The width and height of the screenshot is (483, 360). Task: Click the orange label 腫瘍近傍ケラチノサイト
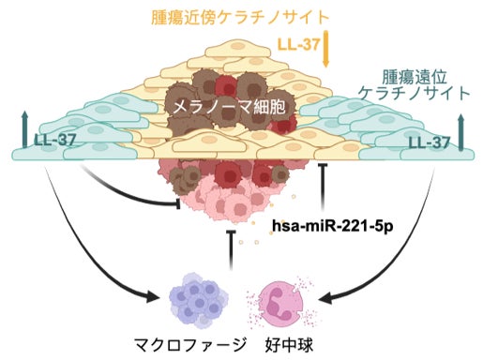click(x=240, y=18)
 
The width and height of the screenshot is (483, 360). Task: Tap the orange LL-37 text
click(x=299, y=45)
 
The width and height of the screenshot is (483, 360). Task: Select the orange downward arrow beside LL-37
click(x=325, y=49)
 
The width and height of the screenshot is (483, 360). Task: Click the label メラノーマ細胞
click(x=229, y=108)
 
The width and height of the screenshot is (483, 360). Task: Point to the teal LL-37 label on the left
click(x=55, y=141)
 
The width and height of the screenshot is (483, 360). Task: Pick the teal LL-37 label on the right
click(x=430, y=143)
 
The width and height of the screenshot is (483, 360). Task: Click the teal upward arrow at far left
click(x=25, y=130)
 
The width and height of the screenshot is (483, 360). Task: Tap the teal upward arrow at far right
click(x=460, y=132)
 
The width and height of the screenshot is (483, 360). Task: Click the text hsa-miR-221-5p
click(x=333, y=226)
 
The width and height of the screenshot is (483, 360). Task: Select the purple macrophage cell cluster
click(x=199, y=300)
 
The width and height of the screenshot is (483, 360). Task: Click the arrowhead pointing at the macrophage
click(x=152, y=296)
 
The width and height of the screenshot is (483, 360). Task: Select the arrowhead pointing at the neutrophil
click(x=326, y=298)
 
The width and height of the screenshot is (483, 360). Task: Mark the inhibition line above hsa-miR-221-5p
click(x=323, y=186)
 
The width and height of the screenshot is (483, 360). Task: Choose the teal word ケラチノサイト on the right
click(x=415, y=93)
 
